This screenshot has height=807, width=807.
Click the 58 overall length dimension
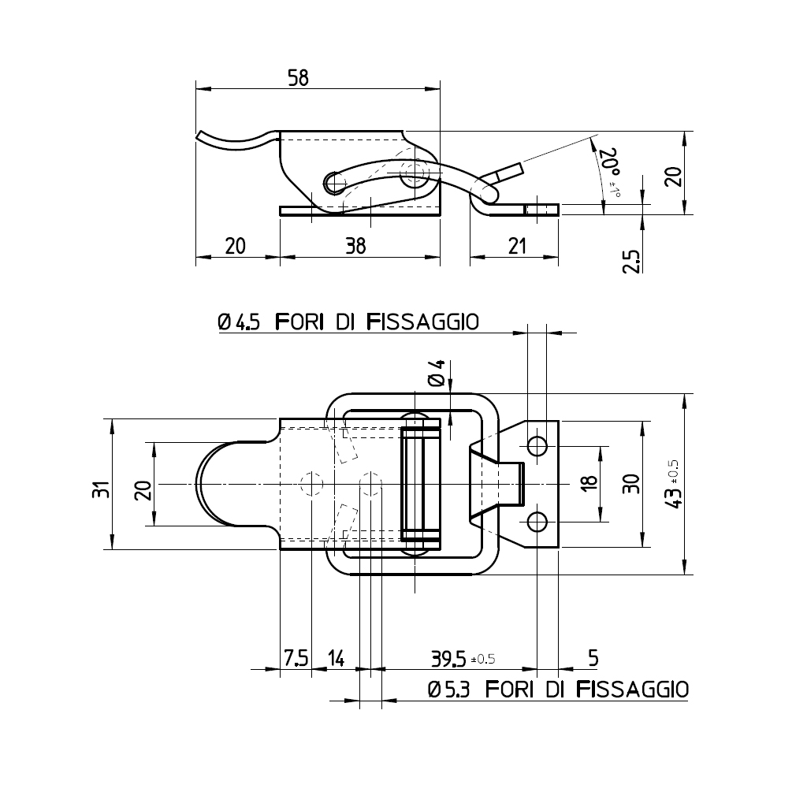tap(298, 77)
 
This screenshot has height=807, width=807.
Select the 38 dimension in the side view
tap(355, 246)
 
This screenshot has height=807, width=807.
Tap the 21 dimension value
tap(516, 246)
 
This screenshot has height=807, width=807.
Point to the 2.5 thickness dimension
tap(630, 261)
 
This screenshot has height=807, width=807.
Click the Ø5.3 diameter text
tap(448, 690)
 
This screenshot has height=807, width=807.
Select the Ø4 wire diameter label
tap(437, 372)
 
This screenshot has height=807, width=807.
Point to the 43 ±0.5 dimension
tap(673, 485)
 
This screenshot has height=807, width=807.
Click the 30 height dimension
tap(631, 484)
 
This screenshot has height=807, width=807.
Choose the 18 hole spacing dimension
tap(589, 484)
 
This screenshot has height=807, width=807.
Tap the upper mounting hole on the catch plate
tap(537, 446)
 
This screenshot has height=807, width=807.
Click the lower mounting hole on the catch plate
tap(537, 522)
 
